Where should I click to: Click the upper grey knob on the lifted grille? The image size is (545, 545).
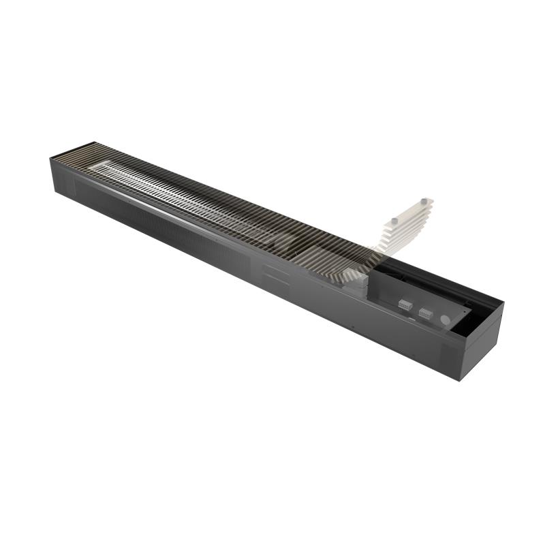[424, 200]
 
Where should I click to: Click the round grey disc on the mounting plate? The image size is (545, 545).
[445, 318]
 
